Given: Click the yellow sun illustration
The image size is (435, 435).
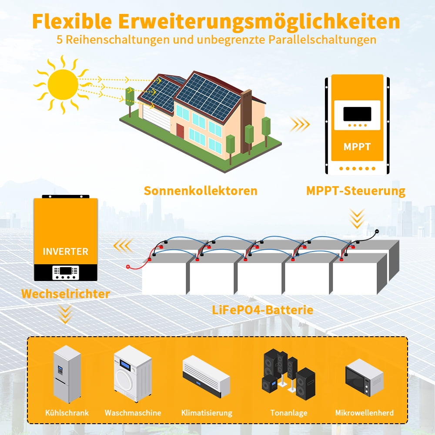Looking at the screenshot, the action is (63, 84).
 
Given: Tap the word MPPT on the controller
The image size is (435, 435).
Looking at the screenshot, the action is (357, 147).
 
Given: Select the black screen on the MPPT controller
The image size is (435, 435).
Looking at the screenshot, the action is (357, 114).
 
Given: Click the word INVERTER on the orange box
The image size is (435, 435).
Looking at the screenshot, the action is (66, 251).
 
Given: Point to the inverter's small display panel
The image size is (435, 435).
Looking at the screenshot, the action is (66, 273).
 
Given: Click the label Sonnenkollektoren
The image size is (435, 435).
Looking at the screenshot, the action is (201, 191).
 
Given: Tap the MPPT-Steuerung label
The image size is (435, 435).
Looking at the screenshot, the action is (356, 191).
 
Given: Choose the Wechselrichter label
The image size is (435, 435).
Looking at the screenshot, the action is (66, 294).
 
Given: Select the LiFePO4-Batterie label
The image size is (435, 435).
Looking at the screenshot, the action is (262, 310).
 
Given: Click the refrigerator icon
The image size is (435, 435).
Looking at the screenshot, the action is (67, 374).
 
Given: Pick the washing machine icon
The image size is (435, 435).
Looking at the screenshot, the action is (133, 374).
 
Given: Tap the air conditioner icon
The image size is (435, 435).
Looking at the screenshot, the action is (206, 376).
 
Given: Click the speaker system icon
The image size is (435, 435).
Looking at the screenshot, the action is (288, 374).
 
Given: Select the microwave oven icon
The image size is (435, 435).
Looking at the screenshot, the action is (364, 376).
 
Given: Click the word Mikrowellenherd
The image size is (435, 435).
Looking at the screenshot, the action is (364, 413).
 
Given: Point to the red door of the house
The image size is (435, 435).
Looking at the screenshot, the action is (180, 131).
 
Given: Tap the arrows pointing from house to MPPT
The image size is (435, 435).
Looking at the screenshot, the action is (300, 124).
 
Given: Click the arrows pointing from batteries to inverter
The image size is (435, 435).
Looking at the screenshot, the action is (123, 245).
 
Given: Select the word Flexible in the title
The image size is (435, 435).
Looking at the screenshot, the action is (72, 21).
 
